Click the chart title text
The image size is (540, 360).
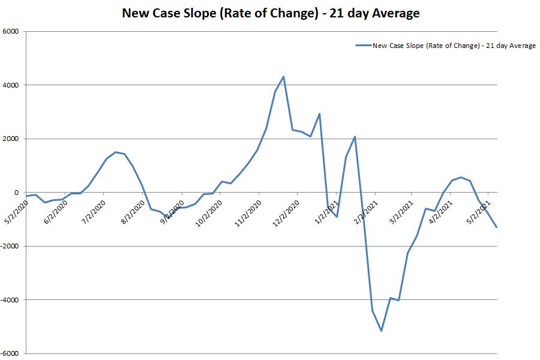(271, 13)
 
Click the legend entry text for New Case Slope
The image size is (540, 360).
(454, 45)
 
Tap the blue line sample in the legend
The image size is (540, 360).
(363, 45)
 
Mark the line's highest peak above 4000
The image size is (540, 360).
(283, 76)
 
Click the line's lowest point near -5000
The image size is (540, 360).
(381, 331)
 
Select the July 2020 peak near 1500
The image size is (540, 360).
(115, 152)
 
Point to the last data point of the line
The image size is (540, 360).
(497, 227)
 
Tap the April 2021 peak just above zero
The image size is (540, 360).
(461, 177)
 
